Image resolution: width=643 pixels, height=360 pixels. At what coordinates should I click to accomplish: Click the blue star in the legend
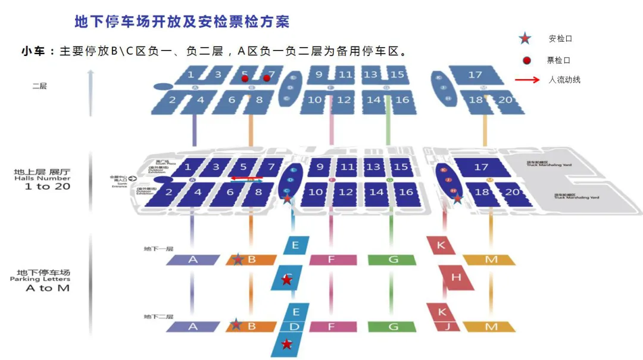[525, 39]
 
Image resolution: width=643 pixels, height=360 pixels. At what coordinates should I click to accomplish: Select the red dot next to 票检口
[526, 60]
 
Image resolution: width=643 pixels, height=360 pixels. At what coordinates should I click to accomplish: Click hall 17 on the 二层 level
[475, 75]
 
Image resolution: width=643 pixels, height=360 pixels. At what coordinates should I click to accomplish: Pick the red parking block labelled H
[457, 277]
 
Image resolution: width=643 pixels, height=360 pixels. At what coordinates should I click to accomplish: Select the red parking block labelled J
[448, 326]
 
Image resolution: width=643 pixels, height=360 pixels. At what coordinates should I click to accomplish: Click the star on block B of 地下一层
[238, 259]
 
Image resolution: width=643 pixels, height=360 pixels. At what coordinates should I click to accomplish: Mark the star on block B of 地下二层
[236, 324]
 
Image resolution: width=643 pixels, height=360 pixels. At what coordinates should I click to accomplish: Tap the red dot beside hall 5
[244, 78]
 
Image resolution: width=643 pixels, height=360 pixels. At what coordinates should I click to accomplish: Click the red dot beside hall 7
[267, 78]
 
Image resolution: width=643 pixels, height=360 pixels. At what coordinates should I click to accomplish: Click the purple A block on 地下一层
[192, 259]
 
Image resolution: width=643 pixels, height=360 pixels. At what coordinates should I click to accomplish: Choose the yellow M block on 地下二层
[491, 327]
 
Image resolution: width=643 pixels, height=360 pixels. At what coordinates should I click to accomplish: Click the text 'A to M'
[47, 288]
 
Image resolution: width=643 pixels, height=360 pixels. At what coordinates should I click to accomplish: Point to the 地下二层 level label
[158, 317]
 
